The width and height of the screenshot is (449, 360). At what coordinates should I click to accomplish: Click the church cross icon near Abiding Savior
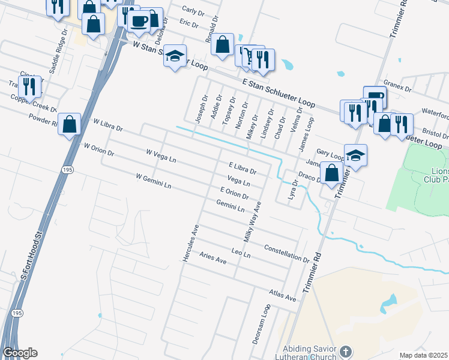point(345,350)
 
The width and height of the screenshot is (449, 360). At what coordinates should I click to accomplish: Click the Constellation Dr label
point(286,253)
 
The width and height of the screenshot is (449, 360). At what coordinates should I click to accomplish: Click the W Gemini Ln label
point(154,181)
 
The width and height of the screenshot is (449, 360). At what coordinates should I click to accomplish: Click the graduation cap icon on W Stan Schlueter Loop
point(175,56)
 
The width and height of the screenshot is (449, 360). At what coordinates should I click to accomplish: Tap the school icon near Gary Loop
point(355,155)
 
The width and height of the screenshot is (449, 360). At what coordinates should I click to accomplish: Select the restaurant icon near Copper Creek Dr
point(29,86)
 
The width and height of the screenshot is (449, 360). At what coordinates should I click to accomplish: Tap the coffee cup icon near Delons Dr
point(139,20)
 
